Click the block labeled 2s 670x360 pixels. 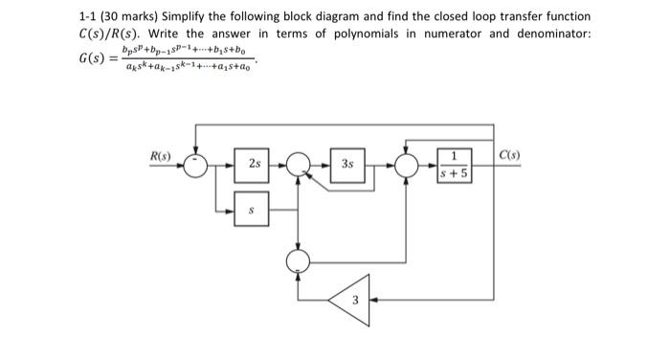tap(254, 165)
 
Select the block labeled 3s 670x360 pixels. tap(347, 164)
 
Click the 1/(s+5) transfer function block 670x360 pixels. tap(454, 165)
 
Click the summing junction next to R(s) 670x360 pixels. tap(196, 165)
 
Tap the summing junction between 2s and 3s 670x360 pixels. tap(301, 165)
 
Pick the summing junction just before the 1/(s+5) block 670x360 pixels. tap(406, 165)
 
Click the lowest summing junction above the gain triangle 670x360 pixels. tap(301, 258)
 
